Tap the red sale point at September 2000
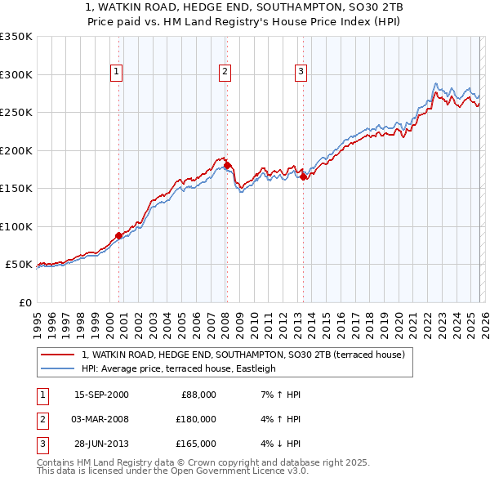coord(118,235)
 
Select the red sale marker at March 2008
coord(226,165)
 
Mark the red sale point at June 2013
coord(303,176)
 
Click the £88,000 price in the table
coord(197,395)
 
